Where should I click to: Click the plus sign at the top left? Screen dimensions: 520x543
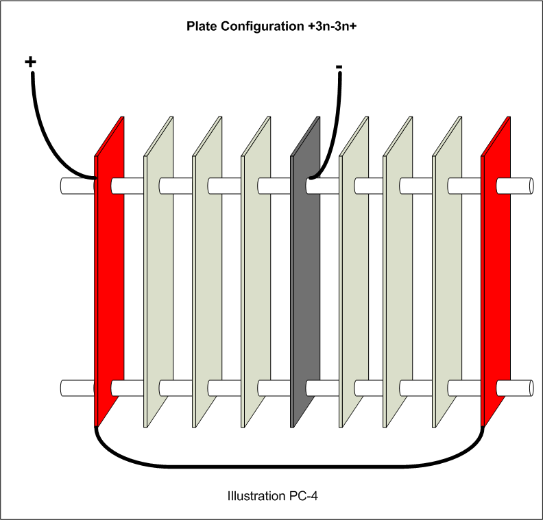[x=30, y=62]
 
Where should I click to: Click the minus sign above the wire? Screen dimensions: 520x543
[x=339, y=67]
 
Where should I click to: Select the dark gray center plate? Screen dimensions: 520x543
[x=306, y=274]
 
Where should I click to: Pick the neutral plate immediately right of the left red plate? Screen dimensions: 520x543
[x=158, y=274]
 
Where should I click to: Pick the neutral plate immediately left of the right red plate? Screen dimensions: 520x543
[x=447, y=274]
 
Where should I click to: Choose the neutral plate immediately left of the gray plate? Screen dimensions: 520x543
[x=256, y=274]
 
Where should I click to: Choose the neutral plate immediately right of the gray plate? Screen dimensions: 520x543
[x=354, y=274]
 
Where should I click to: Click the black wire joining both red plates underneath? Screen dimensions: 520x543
[x=288, y=467]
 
